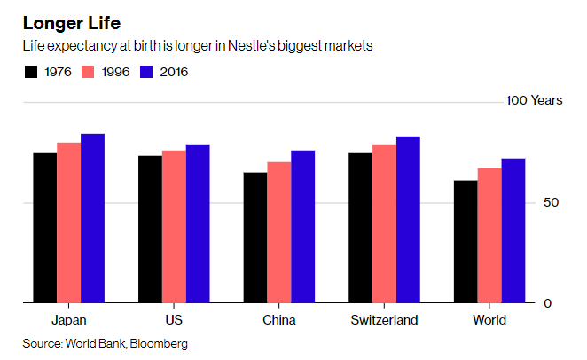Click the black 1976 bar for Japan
pos(45,228)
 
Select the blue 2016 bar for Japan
pos(92,219)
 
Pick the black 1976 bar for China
pos(255,238)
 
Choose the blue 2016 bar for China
pos(303,227)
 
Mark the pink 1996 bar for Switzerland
pos(384,223)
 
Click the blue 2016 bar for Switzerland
pos(408,220)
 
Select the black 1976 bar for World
pos(466,242)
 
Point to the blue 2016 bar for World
pos(513,231)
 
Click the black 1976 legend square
pos(31,72)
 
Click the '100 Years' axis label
pos(534,101)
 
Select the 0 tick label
pos(547,303)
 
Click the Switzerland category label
pos(384,320)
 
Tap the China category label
pos(279,320)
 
